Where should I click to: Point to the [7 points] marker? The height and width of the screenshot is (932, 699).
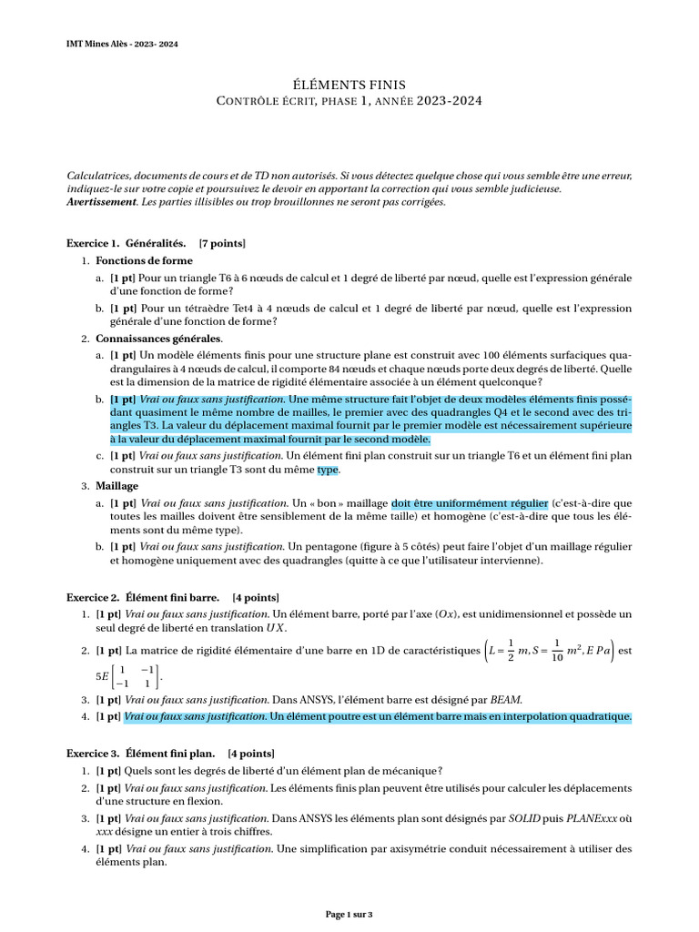coord(222,244)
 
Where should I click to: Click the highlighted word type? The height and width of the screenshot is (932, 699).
coord(327,470)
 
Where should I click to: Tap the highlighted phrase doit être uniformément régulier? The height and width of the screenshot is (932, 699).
coord(470,502)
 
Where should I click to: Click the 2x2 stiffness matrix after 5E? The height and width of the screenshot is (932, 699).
coord(135,676)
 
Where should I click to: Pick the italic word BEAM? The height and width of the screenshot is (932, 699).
coord(508,699)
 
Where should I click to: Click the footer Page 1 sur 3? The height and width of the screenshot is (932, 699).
coord(349,914)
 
